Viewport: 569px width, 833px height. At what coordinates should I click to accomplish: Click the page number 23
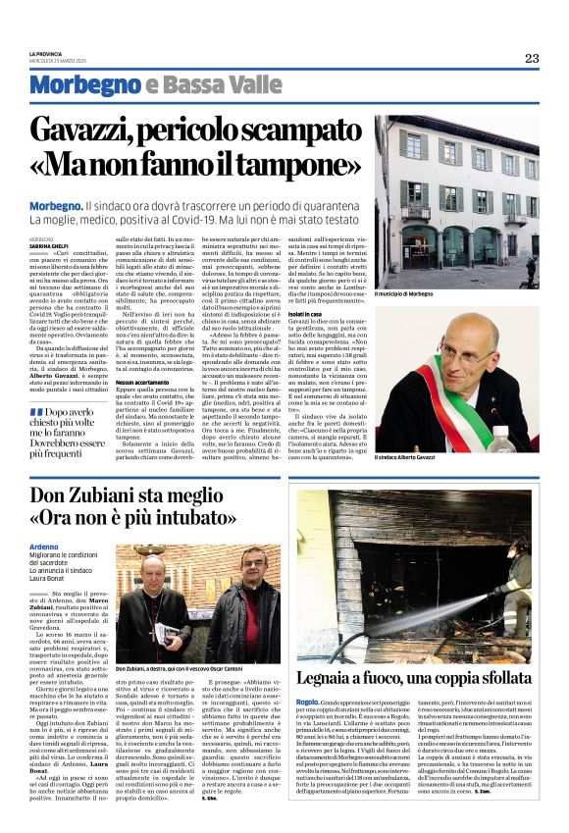pyautogui.click(x=531, y=58)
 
